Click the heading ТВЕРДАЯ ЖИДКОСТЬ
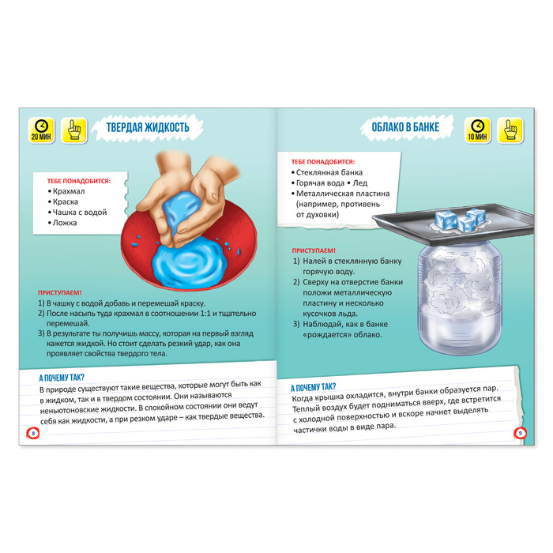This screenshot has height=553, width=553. point(148,127)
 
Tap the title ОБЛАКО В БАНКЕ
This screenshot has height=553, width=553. point(405,127)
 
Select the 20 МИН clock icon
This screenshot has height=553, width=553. point(41,130)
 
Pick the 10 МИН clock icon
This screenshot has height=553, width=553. point(477,130)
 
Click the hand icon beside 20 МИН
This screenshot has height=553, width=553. point(74,130)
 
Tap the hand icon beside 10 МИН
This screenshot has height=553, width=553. point(510,130)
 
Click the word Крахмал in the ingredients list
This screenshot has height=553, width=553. point(69,191)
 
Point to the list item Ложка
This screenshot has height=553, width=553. point(65,223)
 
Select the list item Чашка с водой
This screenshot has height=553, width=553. point(80,213)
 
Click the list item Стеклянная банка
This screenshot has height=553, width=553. point(329,172)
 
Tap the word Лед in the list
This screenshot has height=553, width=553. point(360,183)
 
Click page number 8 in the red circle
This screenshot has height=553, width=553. point(33,433)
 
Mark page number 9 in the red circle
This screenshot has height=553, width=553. point(520,433)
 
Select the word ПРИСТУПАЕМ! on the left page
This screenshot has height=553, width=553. point(60,293)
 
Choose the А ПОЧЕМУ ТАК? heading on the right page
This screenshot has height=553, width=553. point(313,388)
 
